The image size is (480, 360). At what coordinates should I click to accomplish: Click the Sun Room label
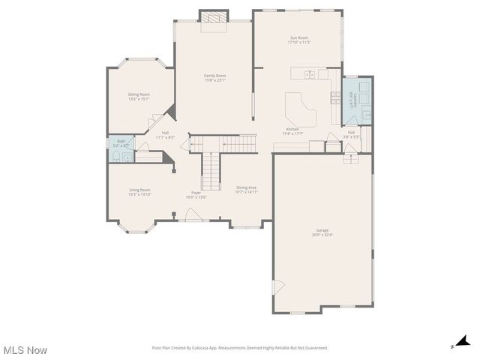point(298,40)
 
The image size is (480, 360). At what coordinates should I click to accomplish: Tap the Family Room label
point(215,77)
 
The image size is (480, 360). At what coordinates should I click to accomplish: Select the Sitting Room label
point(139,96)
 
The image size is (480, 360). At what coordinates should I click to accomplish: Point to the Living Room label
point(139,192)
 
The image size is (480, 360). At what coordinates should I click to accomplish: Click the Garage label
point(322,232)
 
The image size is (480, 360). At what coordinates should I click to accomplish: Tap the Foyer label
point(196,194)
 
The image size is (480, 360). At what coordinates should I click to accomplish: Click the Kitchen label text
point(292,132)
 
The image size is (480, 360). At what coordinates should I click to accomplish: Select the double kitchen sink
point(310,73)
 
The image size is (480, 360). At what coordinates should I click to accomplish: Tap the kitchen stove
point(335,97)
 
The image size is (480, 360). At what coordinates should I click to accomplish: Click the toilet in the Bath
point(118,156)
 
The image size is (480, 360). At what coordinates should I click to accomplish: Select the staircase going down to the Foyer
point(213,171)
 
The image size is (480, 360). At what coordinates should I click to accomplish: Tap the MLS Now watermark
point(25,350)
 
